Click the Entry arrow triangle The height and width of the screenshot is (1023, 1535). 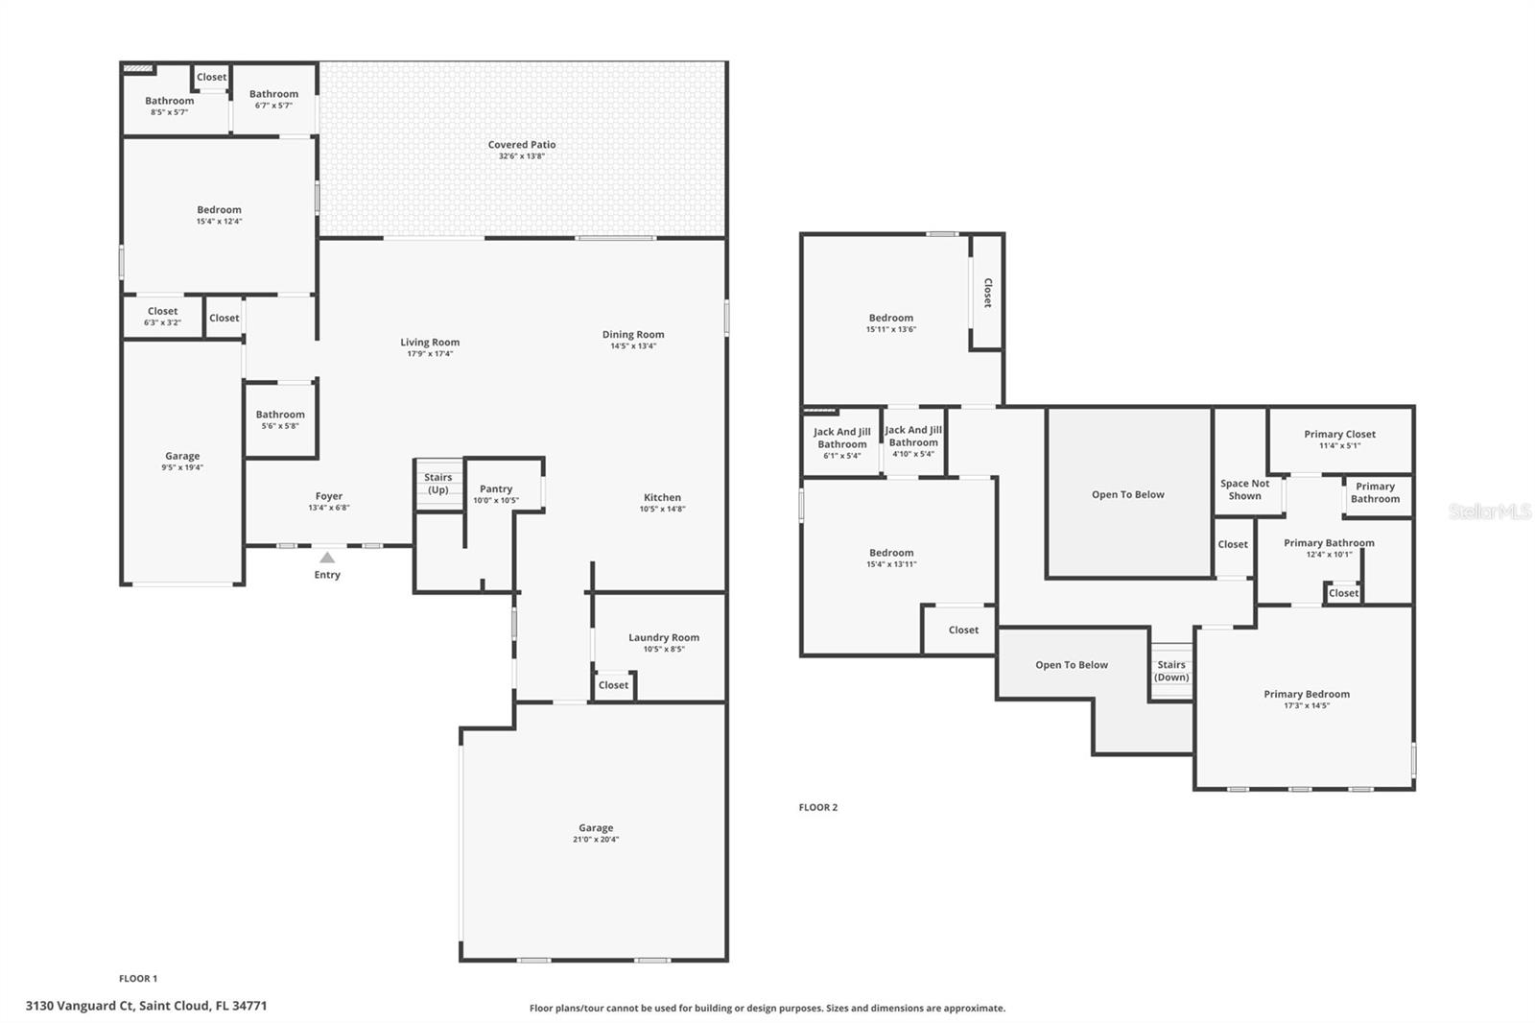[x=327, y=558]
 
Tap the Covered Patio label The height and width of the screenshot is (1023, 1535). [x=522, y=145]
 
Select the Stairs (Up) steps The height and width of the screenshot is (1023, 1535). [x=438, y=484]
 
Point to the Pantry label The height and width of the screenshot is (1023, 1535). [x=495, y=488]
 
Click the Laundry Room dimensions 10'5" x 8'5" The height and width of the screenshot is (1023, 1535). [x=663, y=650]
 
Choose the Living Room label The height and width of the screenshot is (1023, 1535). [x=430, y=343]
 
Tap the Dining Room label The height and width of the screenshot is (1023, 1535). [x=633, y=335]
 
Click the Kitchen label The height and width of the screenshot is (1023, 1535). [x=662, y=498]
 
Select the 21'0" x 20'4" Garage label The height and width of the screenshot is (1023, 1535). [x=596, y=828]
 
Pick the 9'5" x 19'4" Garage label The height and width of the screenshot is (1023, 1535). [x=182, y=456]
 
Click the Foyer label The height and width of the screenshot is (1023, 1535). [x=329, y=496]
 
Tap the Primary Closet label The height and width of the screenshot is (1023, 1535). [x=1339, y=434]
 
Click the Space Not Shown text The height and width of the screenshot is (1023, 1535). [x=1244, y=489]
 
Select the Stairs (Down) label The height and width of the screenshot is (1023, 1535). [x=1171, y=671]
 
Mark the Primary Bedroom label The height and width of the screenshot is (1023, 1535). [x=1307, y=694]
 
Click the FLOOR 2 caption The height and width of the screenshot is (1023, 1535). [x=818, y=808]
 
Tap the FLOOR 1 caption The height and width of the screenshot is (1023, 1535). [x=138, y=979]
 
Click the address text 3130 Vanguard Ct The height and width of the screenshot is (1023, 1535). [x=80, y=1006]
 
